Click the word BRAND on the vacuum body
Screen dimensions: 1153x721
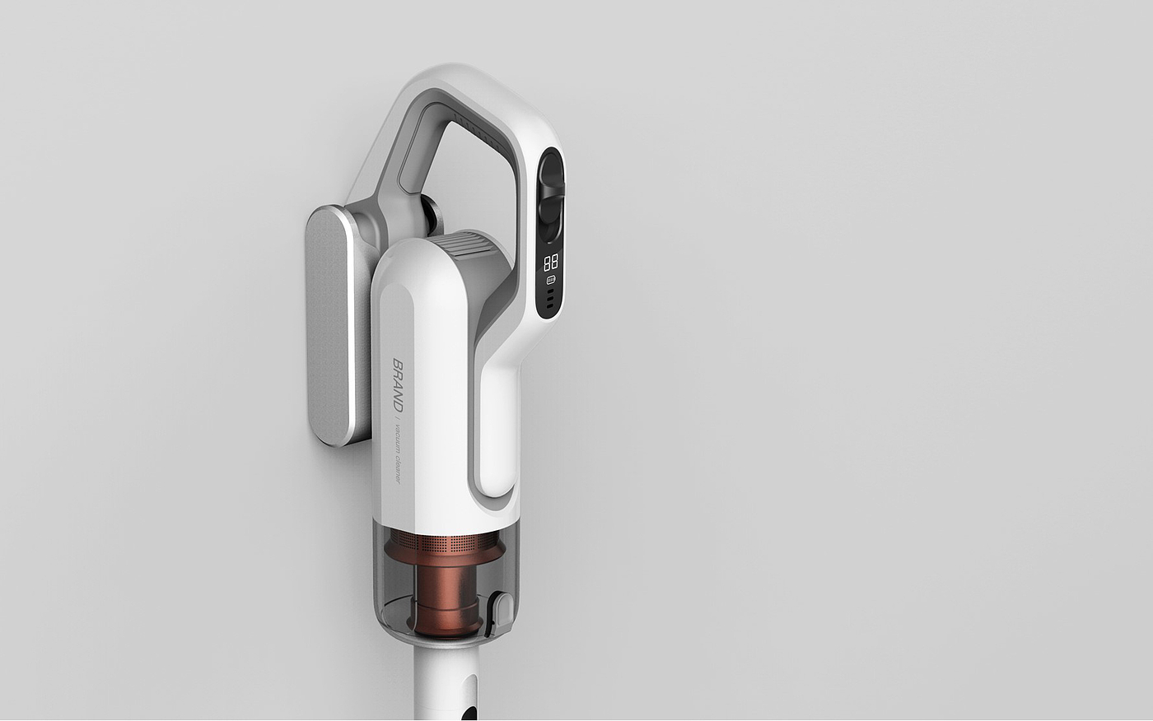coord(398,384)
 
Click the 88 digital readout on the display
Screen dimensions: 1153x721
coord(550,263)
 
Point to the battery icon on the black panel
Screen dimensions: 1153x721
coord(551,281)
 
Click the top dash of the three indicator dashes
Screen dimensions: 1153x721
coord(551,291)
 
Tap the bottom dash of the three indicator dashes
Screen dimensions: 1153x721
coord(550,305)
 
